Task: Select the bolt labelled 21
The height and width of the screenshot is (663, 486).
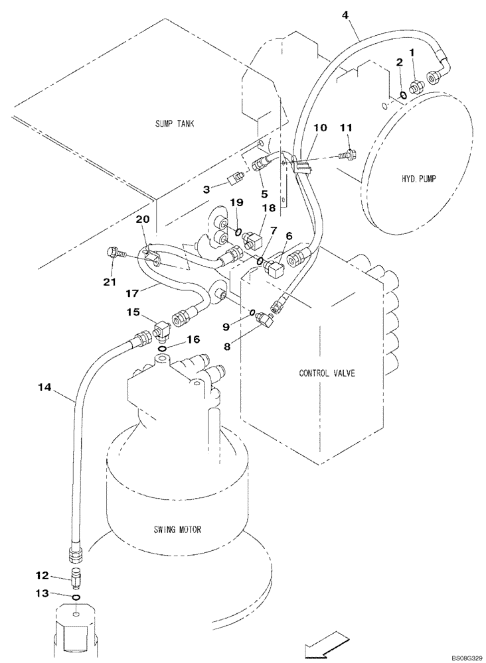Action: coord(114,253)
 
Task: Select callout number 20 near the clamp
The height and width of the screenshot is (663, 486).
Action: coord(143,219)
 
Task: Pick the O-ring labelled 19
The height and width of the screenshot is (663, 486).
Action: coord(238,231)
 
